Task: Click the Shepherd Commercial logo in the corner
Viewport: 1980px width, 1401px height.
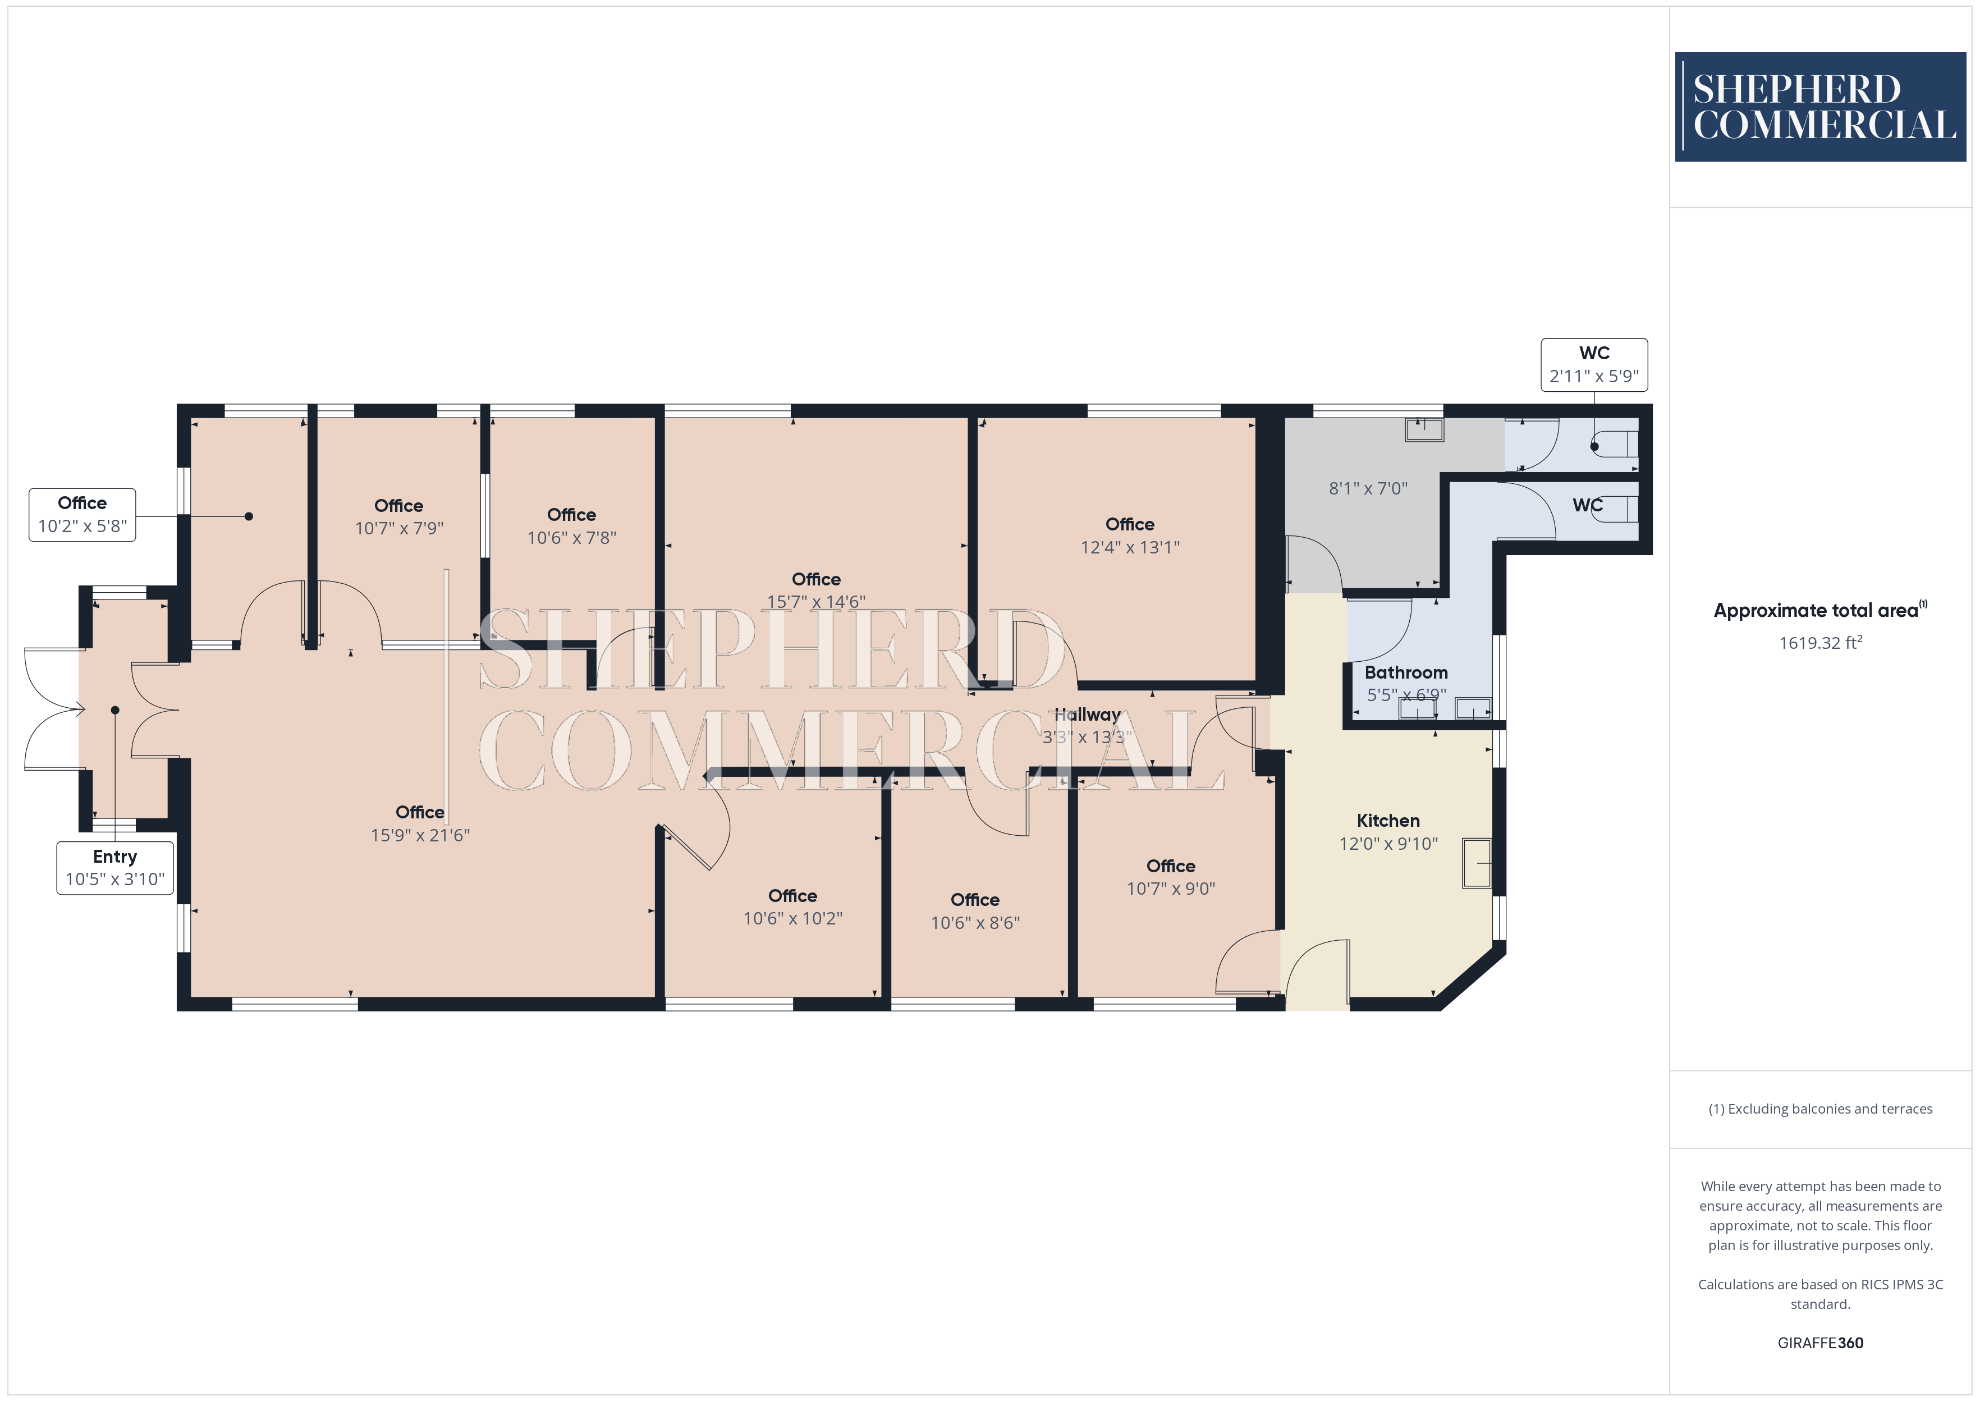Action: tap(1821, 107)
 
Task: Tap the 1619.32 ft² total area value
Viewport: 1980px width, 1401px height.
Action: tap(1821, 643)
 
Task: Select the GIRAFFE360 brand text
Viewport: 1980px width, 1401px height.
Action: tap(1821, 1343)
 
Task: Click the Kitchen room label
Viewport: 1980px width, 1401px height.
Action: tap(1388, 821)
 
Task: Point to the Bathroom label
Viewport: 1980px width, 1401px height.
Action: tap(1406, 672)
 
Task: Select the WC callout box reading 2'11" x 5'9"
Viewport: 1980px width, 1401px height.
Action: tap(1594, 365)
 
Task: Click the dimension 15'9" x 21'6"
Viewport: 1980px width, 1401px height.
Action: tap(420, 835)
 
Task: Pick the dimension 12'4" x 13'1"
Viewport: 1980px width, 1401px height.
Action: tap(1130, 547)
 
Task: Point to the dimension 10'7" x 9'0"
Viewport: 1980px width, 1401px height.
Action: tap(1170, 889)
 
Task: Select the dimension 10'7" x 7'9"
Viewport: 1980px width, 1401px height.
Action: tap(398, 528)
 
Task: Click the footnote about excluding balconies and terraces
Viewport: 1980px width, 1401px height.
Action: tap(1821, 1109)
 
